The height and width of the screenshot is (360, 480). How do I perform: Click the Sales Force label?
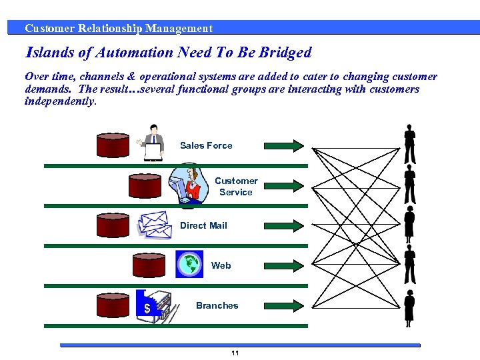206,145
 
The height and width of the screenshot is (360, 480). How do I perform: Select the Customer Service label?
236,186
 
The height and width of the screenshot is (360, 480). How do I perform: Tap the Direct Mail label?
203,225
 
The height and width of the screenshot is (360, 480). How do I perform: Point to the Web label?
221,265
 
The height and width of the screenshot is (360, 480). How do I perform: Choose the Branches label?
217,305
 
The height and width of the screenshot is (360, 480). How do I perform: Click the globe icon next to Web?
189,264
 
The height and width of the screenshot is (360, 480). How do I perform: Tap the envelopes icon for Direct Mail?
154,225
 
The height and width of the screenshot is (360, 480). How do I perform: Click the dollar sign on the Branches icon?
147,309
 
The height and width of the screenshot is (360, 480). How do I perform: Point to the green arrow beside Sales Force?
284,145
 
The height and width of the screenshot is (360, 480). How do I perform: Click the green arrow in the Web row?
284,265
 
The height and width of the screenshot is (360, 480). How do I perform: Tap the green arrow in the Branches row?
284,305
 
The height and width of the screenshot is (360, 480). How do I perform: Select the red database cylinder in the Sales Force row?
112,145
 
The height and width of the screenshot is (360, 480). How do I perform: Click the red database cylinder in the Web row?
148,265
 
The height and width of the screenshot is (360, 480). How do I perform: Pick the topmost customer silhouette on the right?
410,144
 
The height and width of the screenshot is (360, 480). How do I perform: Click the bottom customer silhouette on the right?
409,307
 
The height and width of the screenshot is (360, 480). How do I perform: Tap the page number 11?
235,353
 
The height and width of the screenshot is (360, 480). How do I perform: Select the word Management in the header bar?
179,28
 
